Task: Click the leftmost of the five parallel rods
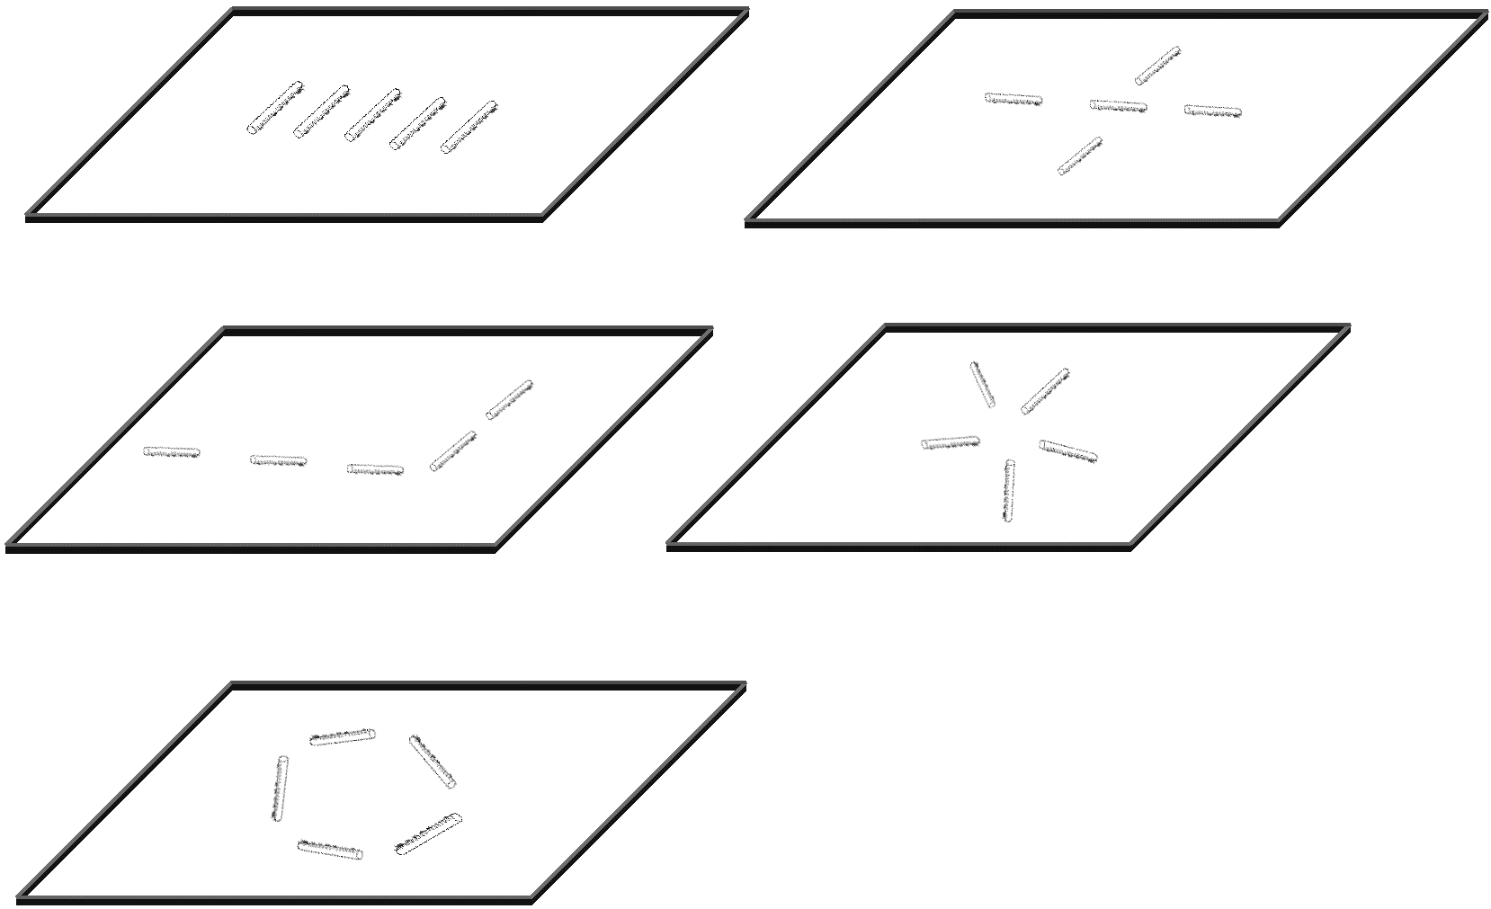click(275, 108)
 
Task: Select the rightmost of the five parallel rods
click(469, 127)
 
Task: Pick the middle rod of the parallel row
click(372, 115)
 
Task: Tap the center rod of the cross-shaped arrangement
click(1118, 106)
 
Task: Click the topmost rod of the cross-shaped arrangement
click(1157, 66)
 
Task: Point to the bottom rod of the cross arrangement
click(1079, 156)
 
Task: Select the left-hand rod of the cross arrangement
click(1013, 99)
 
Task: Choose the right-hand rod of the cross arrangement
click(1212, 111)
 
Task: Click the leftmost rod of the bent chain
click(172, 452)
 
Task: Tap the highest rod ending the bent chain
click(509, 399)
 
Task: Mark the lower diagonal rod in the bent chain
click(452, 450)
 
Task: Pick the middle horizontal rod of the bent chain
click(278, 460)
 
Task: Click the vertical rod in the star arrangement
click(1009, 491)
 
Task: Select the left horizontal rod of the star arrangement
click(950, 442)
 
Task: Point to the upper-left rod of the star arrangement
click(982, 385)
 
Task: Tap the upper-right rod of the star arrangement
click(1045, 391)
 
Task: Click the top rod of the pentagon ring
click(342, 736)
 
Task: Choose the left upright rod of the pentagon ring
click(280, 788)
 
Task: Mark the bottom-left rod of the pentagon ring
click(330, 849)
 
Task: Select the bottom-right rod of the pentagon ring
click(428, 833)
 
